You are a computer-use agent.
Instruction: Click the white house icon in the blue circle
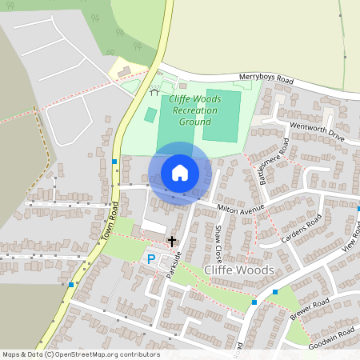pos(180,173)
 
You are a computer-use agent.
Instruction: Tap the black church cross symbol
pos(170,240)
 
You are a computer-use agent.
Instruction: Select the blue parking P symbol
pos(151,258)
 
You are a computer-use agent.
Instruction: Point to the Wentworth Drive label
pos(316,133)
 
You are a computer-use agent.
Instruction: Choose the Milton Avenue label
pos(240,210)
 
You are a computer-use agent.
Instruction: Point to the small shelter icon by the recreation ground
pos(154,92)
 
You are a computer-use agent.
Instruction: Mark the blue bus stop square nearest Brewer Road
pos(254,302)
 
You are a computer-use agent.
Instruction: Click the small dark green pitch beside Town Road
pos(150,115)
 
